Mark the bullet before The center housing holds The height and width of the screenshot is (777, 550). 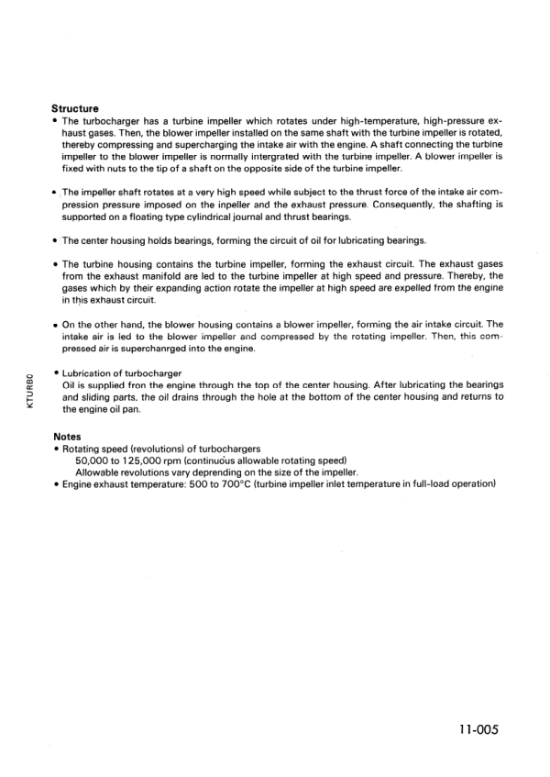(x=56, y=240)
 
